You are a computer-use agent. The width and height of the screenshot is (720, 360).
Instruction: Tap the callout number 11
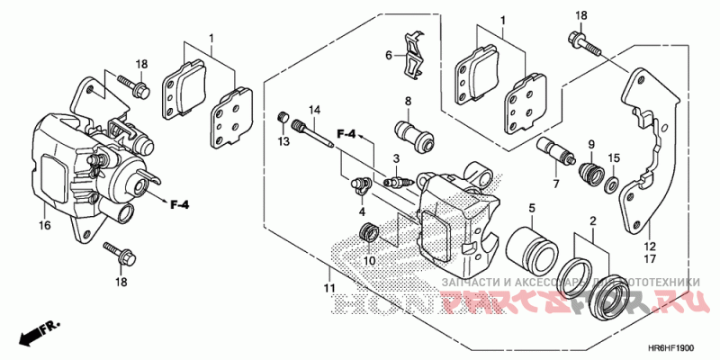click(329, 287)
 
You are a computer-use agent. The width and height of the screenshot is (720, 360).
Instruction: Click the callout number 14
click(315, 111)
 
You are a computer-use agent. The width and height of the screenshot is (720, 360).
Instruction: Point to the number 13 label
click(283, 141)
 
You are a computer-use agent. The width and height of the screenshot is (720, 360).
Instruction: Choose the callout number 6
click(389, 55)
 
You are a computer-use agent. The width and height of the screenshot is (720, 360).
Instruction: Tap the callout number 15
click(613, 159)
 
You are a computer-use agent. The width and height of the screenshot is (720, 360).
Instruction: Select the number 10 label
click(368, 261)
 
